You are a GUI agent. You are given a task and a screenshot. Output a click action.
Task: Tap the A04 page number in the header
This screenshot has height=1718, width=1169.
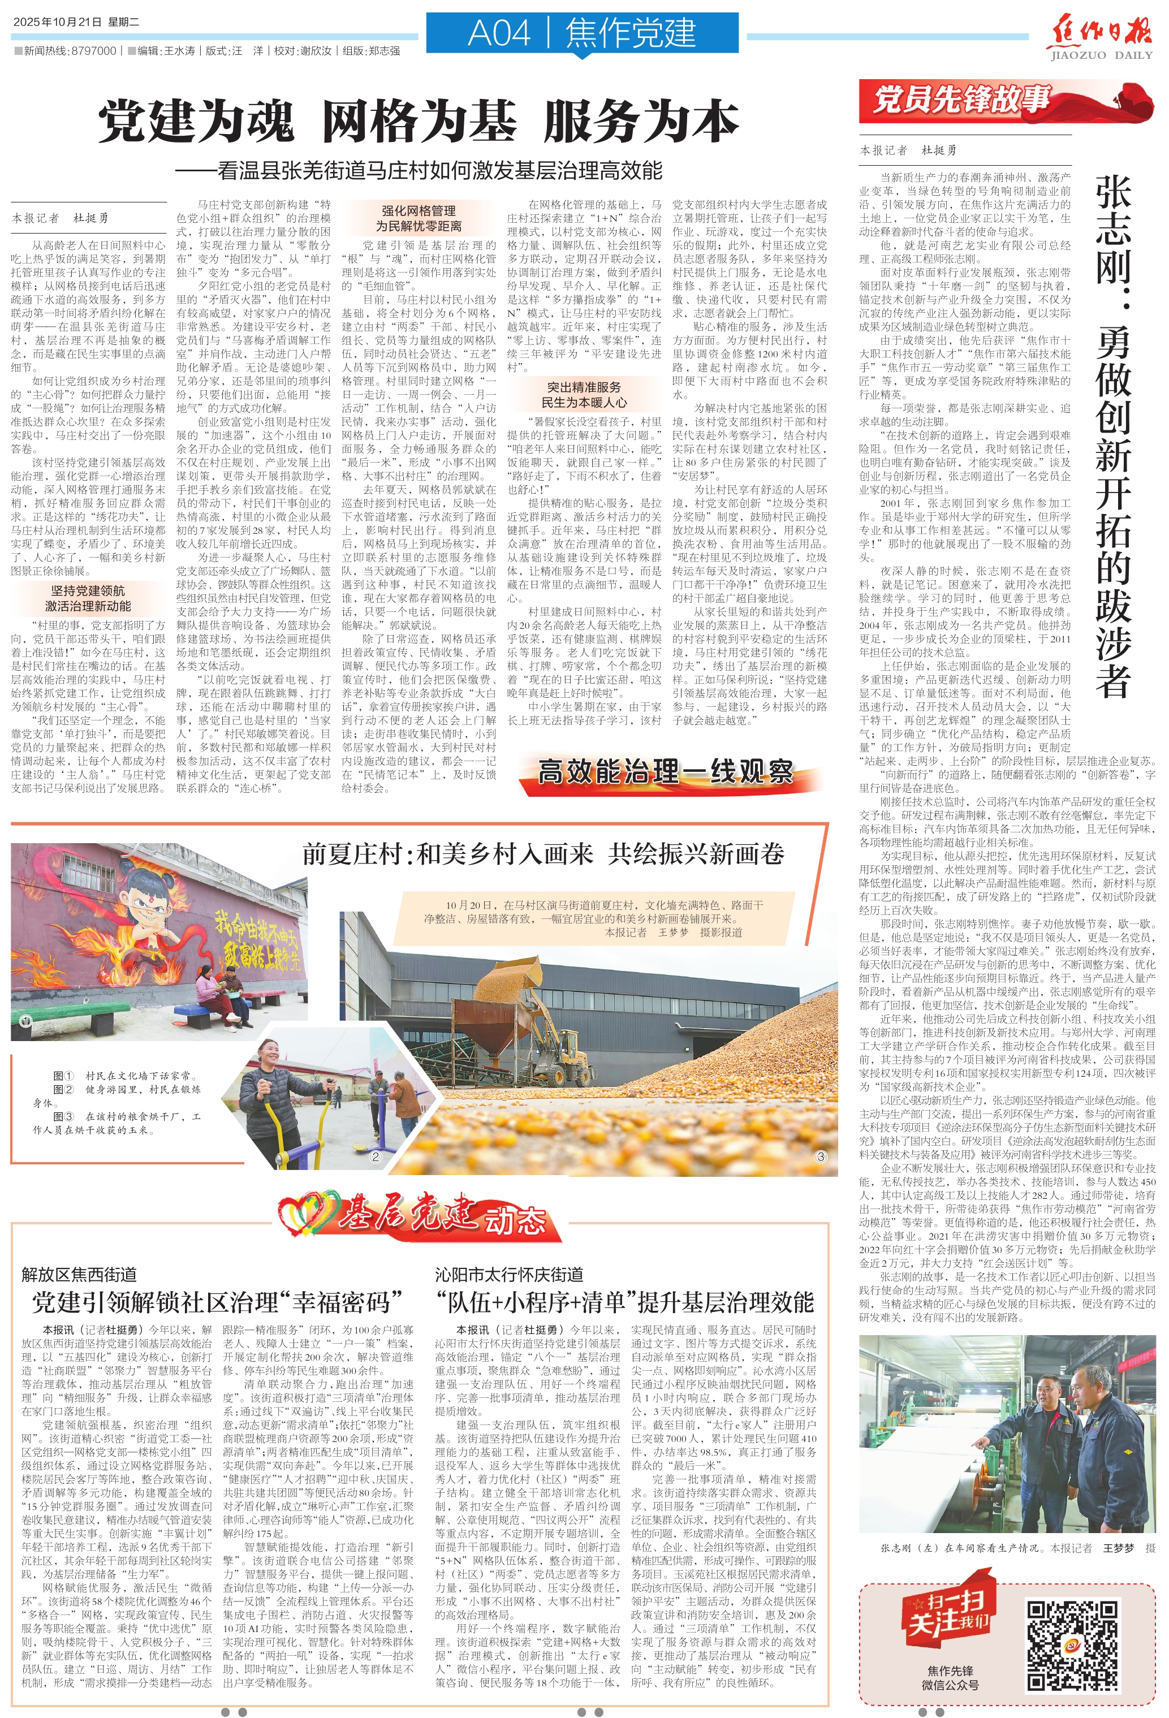[500, 33]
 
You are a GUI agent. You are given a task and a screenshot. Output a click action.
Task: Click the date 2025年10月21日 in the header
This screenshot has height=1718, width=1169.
[58, 21]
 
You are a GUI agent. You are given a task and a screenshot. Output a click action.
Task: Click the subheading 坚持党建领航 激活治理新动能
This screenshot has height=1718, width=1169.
[88, 598]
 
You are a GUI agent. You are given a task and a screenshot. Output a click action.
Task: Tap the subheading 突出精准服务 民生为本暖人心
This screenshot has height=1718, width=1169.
[584, 395]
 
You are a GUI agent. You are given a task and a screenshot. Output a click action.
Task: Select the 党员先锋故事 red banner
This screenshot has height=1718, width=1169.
[961, 100]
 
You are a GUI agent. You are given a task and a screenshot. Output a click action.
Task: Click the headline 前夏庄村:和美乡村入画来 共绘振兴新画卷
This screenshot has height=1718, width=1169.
[543, 854]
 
